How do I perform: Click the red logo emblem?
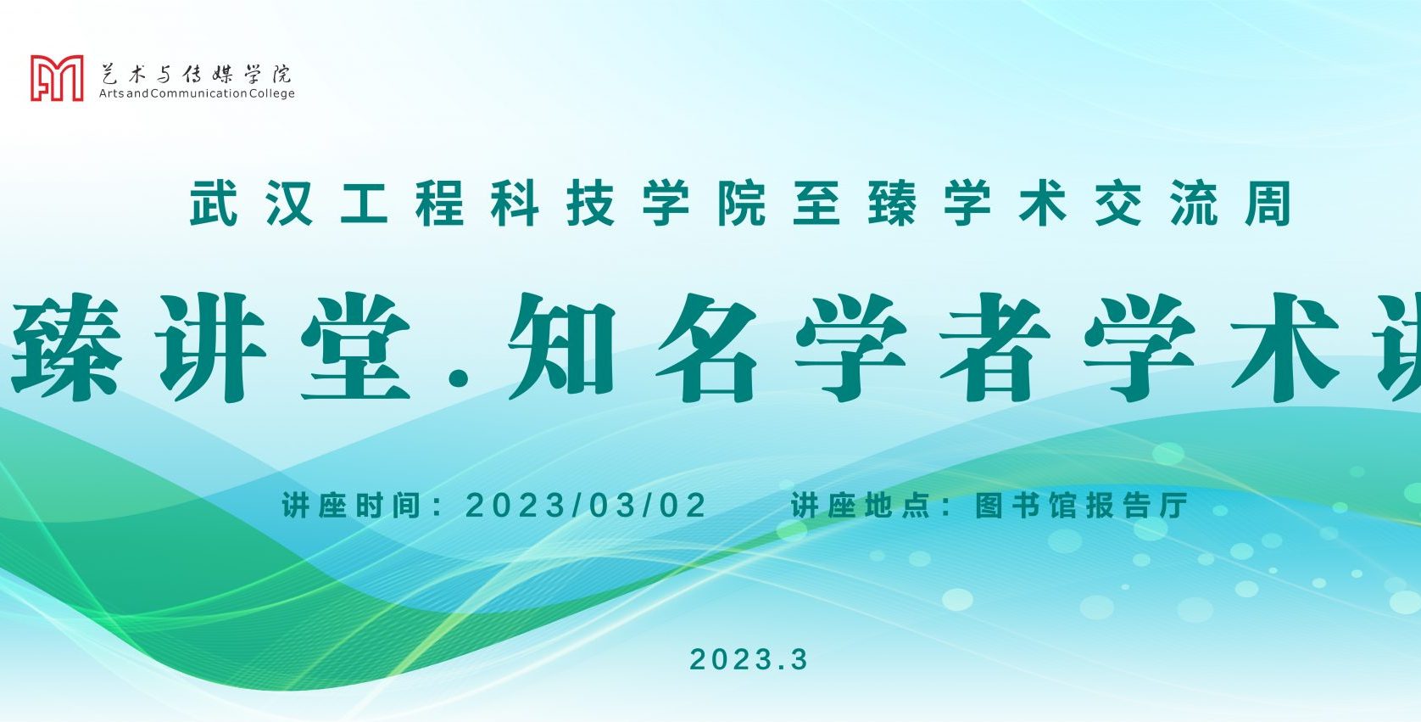(x=57, y=78)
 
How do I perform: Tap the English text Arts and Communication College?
(x=197, y=93)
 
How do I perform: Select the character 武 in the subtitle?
(x=214, y=204)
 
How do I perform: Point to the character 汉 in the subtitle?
(x=289, y=204)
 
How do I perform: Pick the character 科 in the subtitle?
(x=515, y=204)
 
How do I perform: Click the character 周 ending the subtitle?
(x=1268, y=204)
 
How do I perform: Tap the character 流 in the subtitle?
(x=1194, y=204)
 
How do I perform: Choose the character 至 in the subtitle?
(x=816, y=204)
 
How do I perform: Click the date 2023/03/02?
(x=586, y=506)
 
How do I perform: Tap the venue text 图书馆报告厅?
(x=1081, y=506)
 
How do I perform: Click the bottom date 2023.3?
(x=750, y=659)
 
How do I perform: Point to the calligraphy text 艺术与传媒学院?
(x=196, y=74)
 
